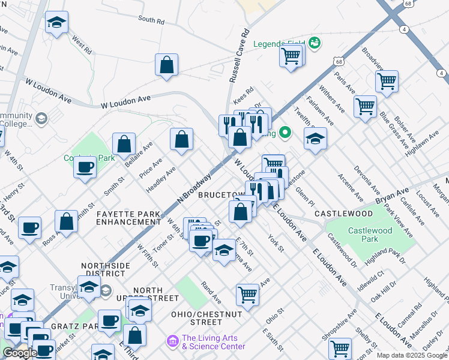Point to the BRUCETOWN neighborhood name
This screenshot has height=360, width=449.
point(221,196)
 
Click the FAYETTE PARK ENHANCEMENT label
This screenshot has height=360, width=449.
point(128,218)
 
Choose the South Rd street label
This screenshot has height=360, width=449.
point(151,20)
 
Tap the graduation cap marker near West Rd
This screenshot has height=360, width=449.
point(57,23)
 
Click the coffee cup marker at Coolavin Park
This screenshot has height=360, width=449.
point(85,167)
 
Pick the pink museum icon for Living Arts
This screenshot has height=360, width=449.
point(173,341)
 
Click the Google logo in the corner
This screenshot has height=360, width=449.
point(20,353)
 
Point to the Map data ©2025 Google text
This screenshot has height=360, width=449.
point(411,355)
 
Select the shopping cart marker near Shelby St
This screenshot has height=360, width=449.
point(340,348)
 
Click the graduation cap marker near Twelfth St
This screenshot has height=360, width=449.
point(315,139)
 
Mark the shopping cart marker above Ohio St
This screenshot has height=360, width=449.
point(247,294)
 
